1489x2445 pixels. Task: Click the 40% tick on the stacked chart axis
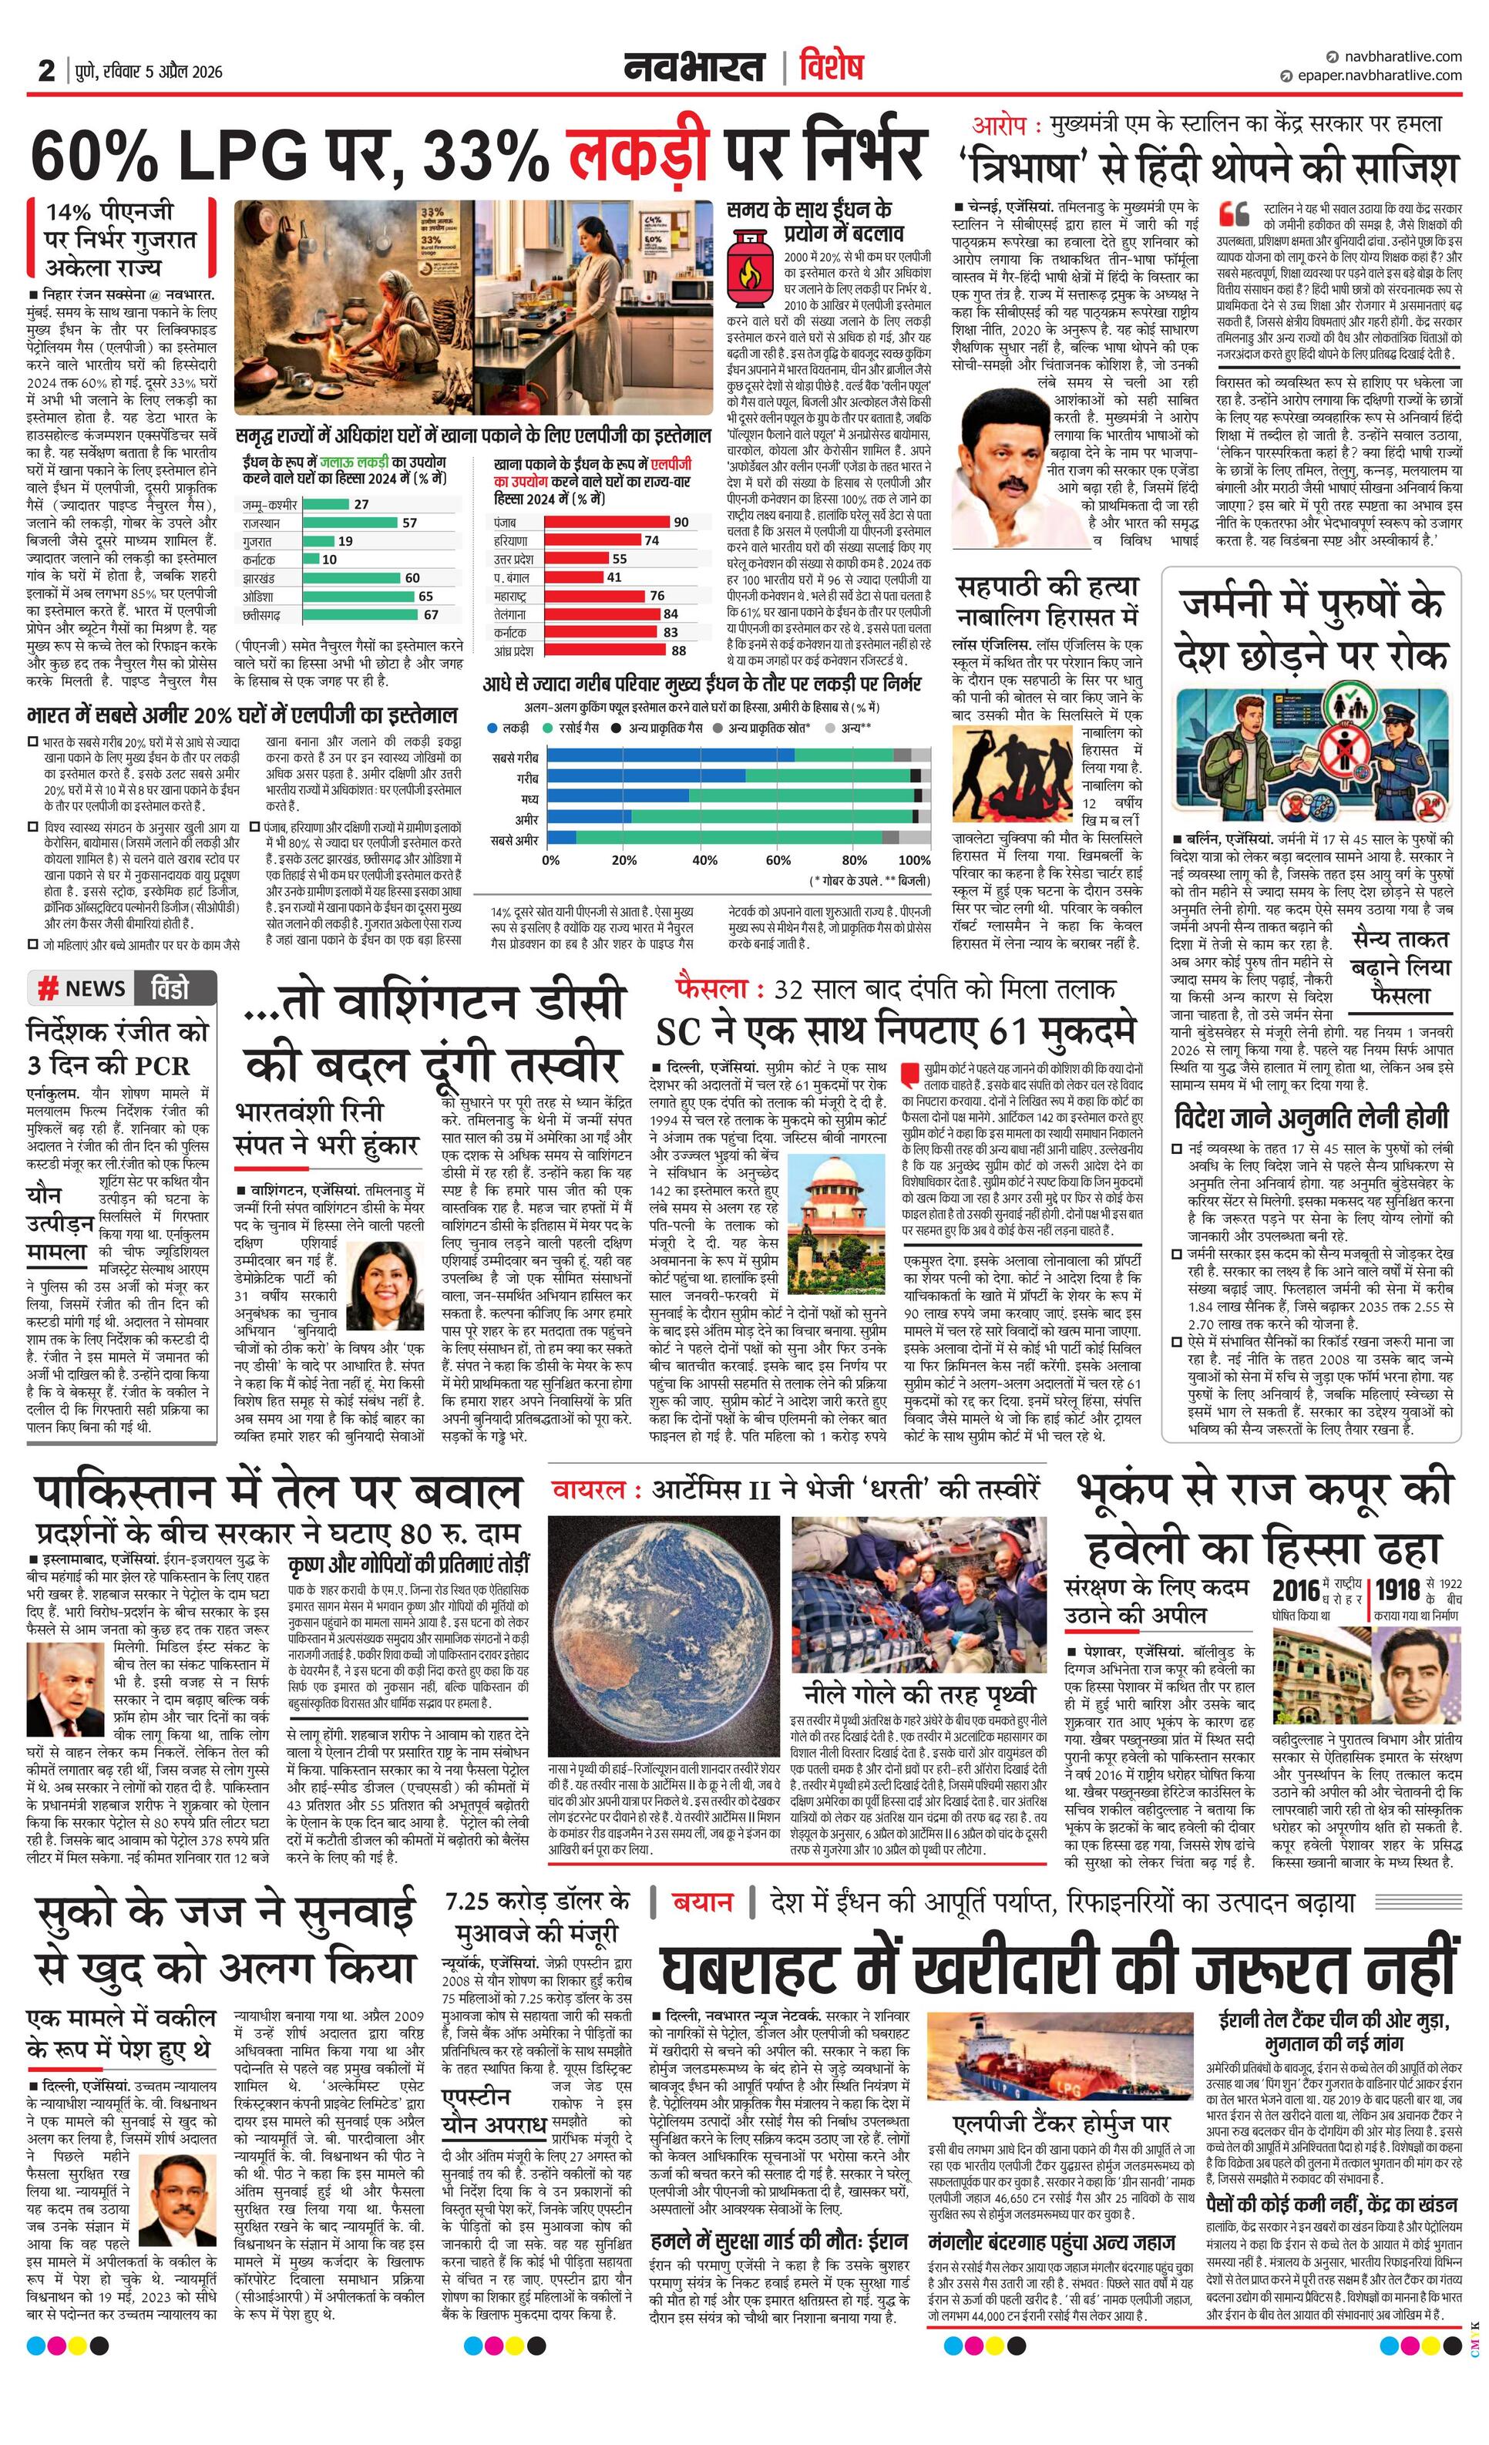click(x=704, y=859)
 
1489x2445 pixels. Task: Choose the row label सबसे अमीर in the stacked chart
click(x=514, y=839)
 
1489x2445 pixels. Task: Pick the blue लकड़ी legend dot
click(x=493, y=728)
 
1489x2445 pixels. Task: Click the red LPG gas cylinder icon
click(x=751, y=270)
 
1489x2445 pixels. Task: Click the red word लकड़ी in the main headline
click(x=639, y=154)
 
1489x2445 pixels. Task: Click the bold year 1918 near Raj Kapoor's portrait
click(x=1398, y=1589)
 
